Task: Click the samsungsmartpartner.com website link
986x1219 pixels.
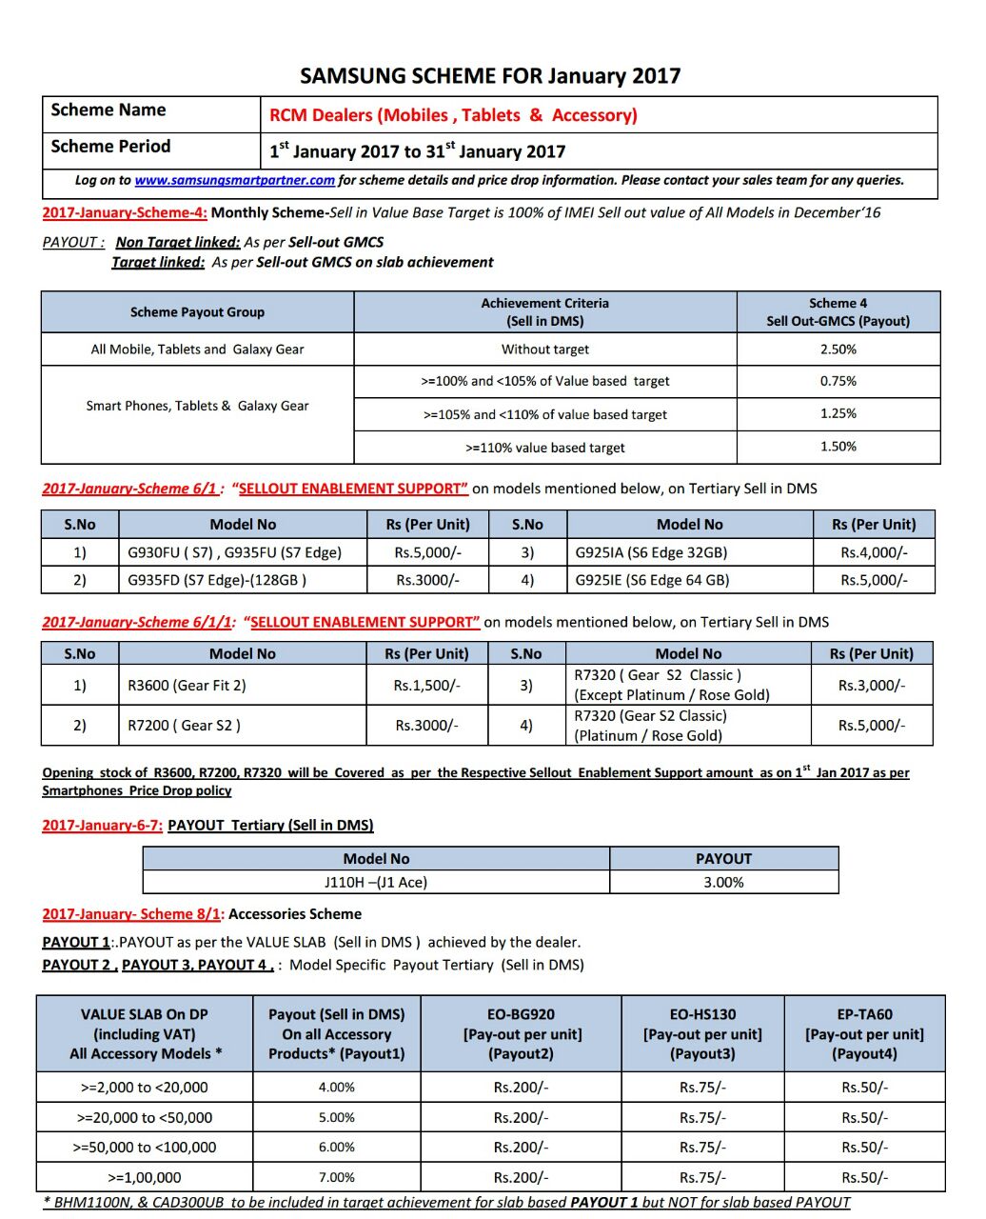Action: pyautogui.click(x=234, y=180)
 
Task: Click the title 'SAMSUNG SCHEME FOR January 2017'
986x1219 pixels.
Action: pyautogui.click(x=490, y=76)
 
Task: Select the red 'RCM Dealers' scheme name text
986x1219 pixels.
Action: pyautogui.click(x=453, y=115)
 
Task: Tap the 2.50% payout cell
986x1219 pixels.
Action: pyautogui.click(x=838, y=350)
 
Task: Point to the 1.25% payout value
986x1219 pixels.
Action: pyautogui.click(x=838, y=413)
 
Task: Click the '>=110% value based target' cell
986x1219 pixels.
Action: pyautogui.click(x=544, y=448)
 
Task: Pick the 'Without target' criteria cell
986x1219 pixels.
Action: pyautogui.click(x=544, y=350)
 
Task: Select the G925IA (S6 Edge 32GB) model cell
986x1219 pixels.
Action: pyautogui.click(x=651, y=552)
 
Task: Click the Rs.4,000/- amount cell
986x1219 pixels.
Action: pyautogui.click(x=874, y=552)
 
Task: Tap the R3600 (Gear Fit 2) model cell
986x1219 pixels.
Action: pyautogui.click(x=187, y=686)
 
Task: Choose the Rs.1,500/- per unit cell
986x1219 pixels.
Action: pyautogui.click(x=426, y=686)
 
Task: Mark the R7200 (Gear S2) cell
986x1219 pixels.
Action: pyautogui.click(x=184, y=726)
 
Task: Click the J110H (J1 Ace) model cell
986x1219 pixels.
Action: pyautogui.click(x=376, y=883)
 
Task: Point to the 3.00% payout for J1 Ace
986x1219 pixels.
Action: pyautogui.click(x=723, y=883)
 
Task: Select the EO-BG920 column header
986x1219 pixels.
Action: pyautogui.click(x=521, y=1034)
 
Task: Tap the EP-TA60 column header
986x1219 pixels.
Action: pyautogui.click(x=864, y=1034)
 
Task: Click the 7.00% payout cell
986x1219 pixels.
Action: pyautogui.click(x=336, y=1177)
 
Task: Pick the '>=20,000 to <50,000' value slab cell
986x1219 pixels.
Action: pyautogui.click(x=145, y=1118)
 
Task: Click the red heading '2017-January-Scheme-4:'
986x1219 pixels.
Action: pyautogui.click(x=125, y=212)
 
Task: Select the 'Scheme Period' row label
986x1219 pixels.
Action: pyautogui.click(x=110, y=147)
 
